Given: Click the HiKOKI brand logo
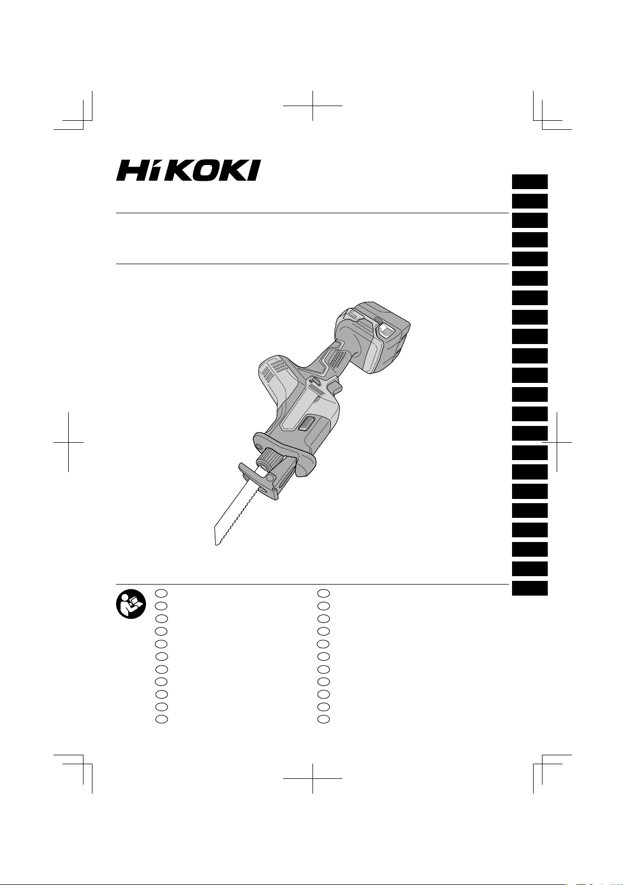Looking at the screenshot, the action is tap(189, 170).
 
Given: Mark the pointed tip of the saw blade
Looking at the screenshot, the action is tap(216, 545).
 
